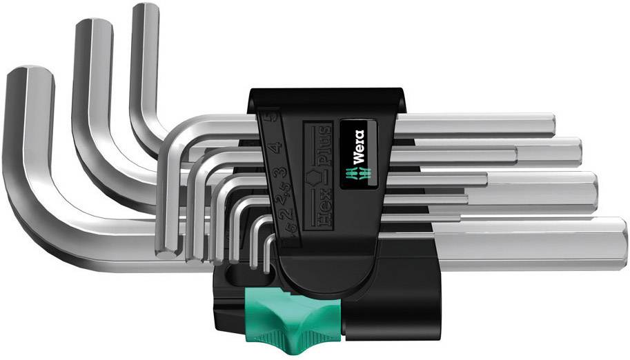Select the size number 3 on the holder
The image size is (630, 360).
coord(282,173)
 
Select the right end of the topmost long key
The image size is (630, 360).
coord(552,124)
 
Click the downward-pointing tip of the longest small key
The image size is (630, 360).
coord(170,252)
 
